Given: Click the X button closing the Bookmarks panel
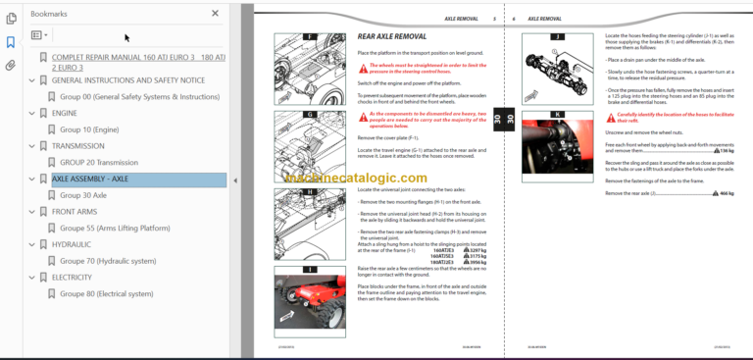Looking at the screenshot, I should tap(216, 14).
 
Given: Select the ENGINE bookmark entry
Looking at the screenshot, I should tap(65, 113).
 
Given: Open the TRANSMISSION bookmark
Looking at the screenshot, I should tap(77, 145).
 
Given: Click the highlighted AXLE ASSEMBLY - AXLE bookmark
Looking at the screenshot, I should tap(89, 180).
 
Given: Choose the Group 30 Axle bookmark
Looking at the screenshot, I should tap(83, 195).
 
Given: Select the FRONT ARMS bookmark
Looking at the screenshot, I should tap(75, 212).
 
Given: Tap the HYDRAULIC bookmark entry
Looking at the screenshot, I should tap(72, 244).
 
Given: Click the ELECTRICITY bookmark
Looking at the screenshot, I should tap(74, 278).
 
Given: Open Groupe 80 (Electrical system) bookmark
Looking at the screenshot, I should tap(106, 293).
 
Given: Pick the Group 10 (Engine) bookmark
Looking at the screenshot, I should tap(89, 129).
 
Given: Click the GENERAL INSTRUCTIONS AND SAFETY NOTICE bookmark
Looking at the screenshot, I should tap(127, 80).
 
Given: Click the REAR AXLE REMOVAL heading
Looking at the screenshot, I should tap(392, 37).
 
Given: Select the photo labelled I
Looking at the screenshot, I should tap(309, 297).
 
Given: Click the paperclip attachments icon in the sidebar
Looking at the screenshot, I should tap(11, 66).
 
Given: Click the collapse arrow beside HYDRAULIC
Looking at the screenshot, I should tap(32, 244).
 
